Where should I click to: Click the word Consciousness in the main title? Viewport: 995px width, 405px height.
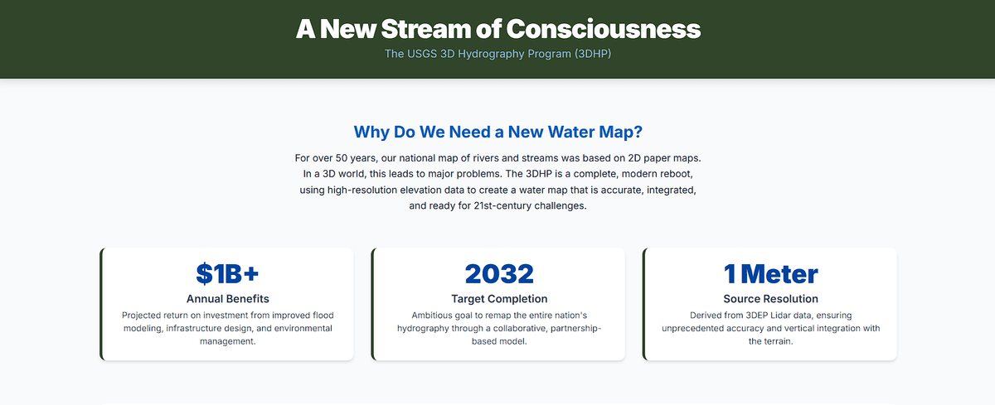[604, 29]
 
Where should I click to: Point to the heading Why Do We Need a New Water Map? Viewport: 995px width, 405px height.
[498, 132]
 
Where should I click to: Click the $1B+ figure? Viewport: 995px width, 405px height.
[228, 273]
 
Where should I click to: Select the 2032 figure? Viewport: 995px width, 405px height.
[498, 273]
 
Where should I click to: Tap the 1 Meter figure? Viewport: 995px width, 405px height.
[770, 273]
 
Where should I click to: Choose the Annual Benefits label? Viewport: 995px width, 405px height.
[228, 299]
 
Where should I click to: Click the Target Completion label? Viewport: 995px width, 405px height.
[498, 299]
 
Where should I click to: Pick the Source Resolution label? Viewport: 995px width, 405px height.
[770, 299]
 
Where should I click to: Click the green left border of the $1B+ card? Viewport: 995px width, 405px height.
[101, 304]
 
